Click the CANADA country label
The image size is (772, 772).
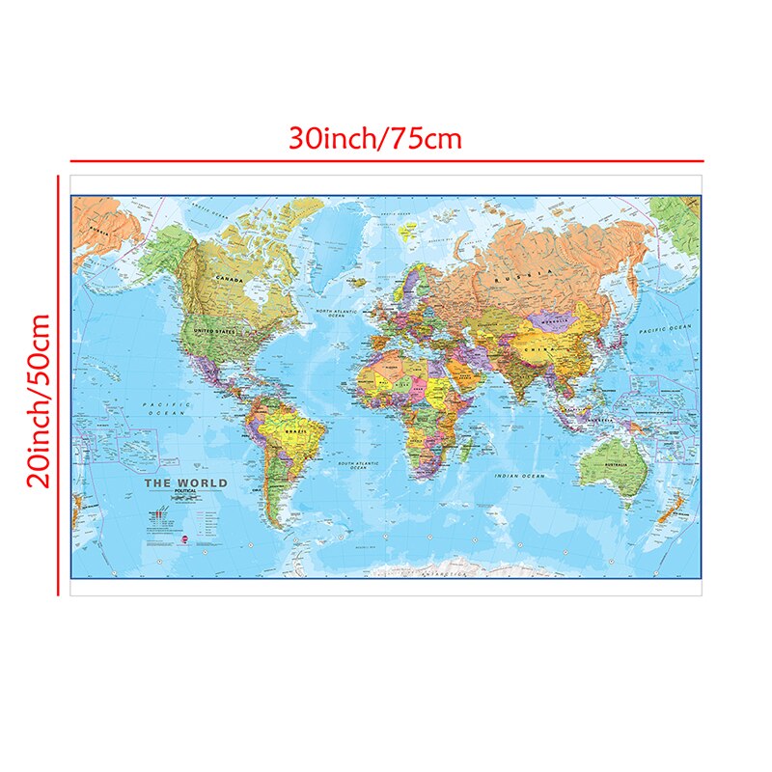point(230,280)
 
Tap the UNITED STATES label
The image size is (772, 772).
point(214,331)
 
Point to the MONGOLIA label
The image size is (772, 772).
point(555,311)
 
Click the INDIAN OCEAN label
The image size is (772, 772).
point(519,477)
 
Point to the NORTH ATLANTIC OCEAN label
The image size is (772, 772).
point(337,315)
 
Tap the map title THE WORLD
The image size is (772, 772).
point(185,483)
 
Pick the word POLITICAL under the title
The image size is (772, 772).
point(184,493)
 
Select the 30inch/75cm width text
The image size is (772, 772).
point(375,139)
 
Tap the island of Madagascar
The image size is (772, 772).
point(469,446)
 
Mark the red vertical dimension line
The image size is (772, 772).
point(59,386)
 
